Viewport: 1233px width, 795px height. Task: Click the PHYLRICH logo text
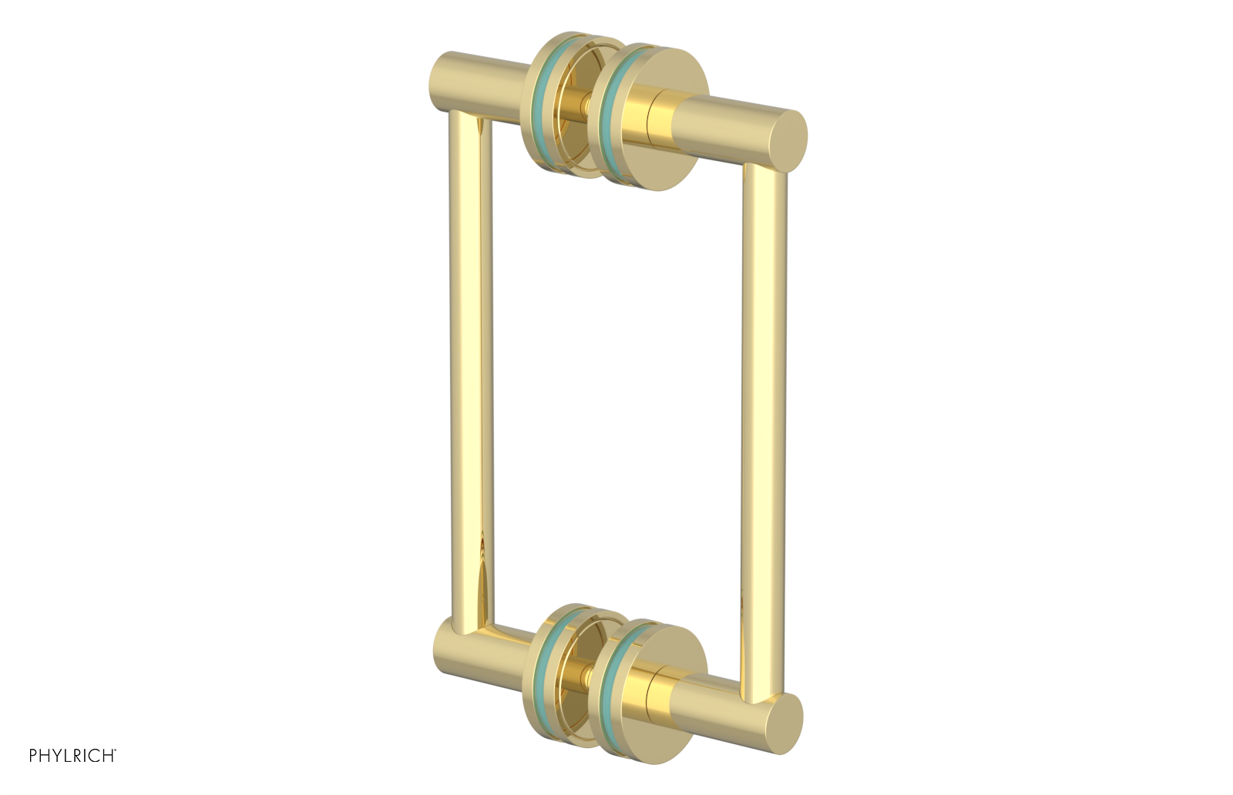(72, 756)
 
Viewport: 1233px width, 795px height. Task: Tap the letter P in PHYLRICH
(33, 756)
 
